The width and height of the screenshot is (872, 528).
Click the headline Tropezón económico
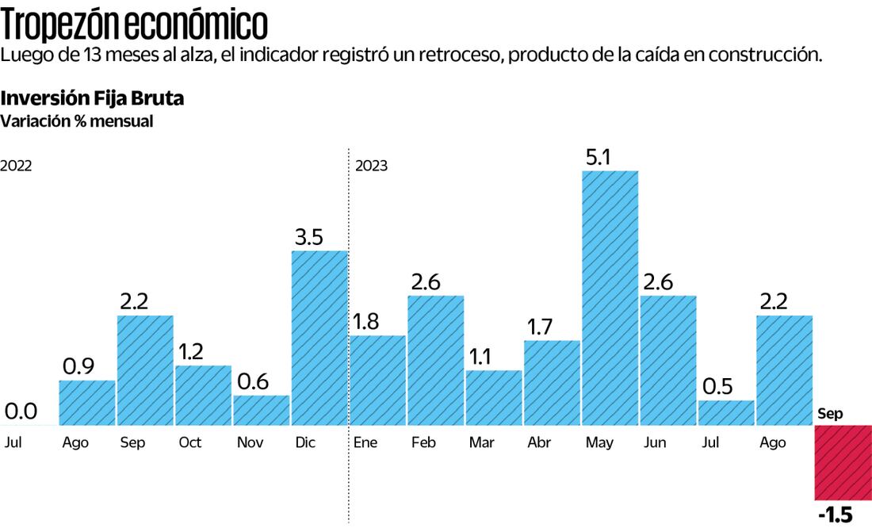(x=135, y=25)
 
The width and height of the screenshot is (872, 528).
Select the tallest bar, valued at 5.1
(x=610, y=297)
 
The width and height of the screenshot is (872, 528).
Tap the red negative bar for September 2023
(x=843, y=462)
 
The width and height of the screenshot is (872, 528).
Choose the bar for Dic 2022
(x=319, y=339)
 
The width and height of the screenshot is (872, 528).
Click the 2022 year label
(x=16, y=166)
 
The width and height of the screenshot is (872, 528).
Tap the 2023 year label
(x=371, y=166)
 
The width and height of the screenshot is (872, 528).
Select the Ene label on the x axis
(x=365, y=442)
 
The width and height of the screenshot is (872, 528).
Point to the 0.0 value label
(x=21, y=411)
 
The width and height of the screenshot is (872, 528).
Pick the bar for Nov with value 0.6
(x=262, y=411)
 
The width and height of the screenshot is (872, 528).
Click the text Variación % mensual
(x=76, y=121)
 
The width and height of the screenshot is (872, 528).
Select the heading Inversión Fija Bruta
(x=92, y=99)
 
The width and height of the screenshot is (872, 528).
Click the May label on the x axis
(x=599, y=442)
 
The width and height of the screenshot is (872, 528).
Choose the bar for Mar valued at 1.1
(x=494, y=398)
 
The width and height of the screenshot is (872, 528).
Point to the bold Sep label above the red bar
(x=830, y=414)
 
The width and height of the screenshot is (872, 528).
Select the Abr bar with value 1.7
(x=552, y=383)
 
